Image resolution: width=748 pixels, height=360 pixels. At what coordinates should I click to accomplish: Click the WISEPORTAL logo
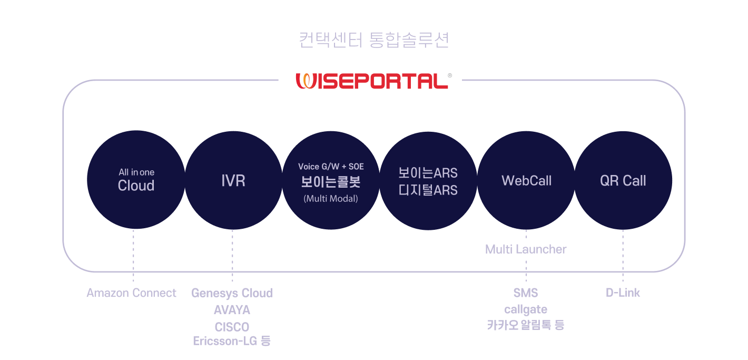(x=373, y=81)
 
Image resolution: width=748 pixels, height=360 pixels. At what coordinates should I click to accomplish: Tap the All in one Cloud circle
(x=136, y=180)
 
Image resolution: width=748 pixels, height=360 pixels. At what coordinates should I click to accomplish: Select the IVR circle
(x=233, y=180)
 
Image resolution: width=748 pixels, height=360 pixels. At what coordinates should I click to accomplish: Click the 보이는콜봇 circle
(x=331, y=180)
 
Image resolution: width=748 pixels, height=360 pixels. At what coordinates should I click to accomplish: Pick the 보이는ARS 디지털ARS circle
(x=428, y=181)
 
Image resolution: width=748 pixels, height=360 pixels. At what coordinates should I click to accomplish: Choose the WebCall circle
(x=526, y=180)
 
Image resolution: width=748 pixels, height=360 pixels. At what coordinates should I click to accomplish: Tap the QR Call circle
(x=623, y=180)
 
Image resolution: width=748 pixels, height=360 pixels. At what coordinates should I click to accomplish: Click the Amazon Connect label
(x=131, y=293)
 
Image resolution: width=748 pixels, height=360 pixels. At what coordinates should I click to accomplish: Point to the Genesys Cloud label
(x=232, y=294)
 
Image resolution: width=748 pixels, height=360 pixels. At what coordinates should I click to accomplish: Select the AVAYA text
(x=232, y=310)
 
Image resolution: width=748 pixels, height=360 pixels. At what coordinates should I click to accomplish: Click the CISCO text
(x=232, y=327)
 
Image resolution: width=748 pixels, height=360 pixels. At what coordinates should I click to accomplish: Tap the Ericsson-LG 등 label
(x=232, y=341)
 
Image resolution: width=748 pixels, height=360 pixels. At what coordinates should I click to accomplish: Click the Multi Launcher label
(x=526, y=249)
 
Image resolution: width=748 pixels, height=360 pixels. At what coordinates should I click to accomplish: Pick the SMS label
(x=526, y=293)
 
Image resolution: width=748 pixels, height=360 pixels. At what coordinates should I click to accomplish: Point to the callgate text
(x=526, y=310)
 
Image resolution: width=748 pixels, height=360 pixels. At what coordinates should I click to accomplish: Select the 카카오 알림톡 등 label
(x=526, y=325)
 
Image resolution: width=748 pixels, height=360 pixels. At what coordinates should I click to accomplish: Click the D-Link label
(x=623, y=293)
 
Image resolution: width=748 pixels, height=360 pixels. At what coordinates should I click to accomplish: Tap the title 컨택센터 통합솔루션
(x=373, y=40)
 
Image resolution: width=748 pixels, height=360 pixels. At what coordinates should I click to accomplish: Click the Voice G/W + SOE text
(x=331, y=167)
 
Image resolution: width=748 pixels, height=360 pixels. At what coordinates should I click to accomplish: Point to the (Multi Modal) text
(x=331, y=199)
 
